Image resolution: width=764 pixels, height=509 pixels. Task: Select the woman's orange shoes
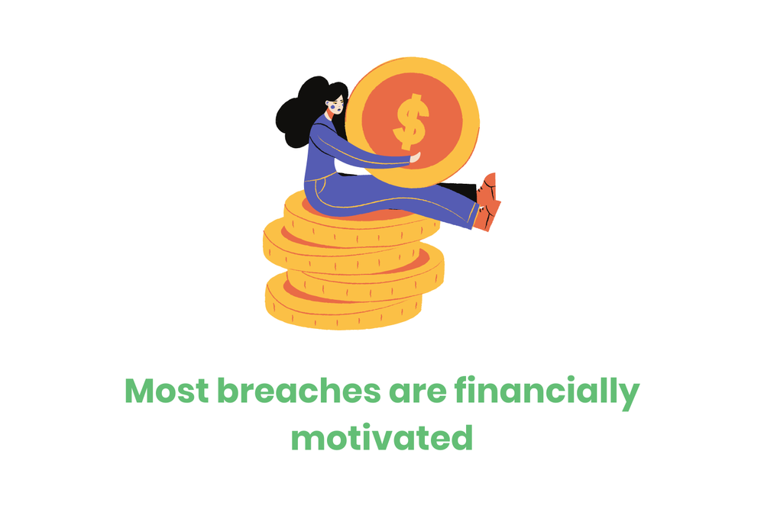(487, 201)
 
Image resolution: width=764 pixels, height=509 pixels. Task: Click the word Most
(166, 391)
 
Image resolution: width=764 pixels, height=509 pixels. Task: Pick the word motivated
(382, 438)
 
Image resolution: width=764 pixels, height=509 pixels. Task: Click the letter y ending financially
(629, 395)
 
